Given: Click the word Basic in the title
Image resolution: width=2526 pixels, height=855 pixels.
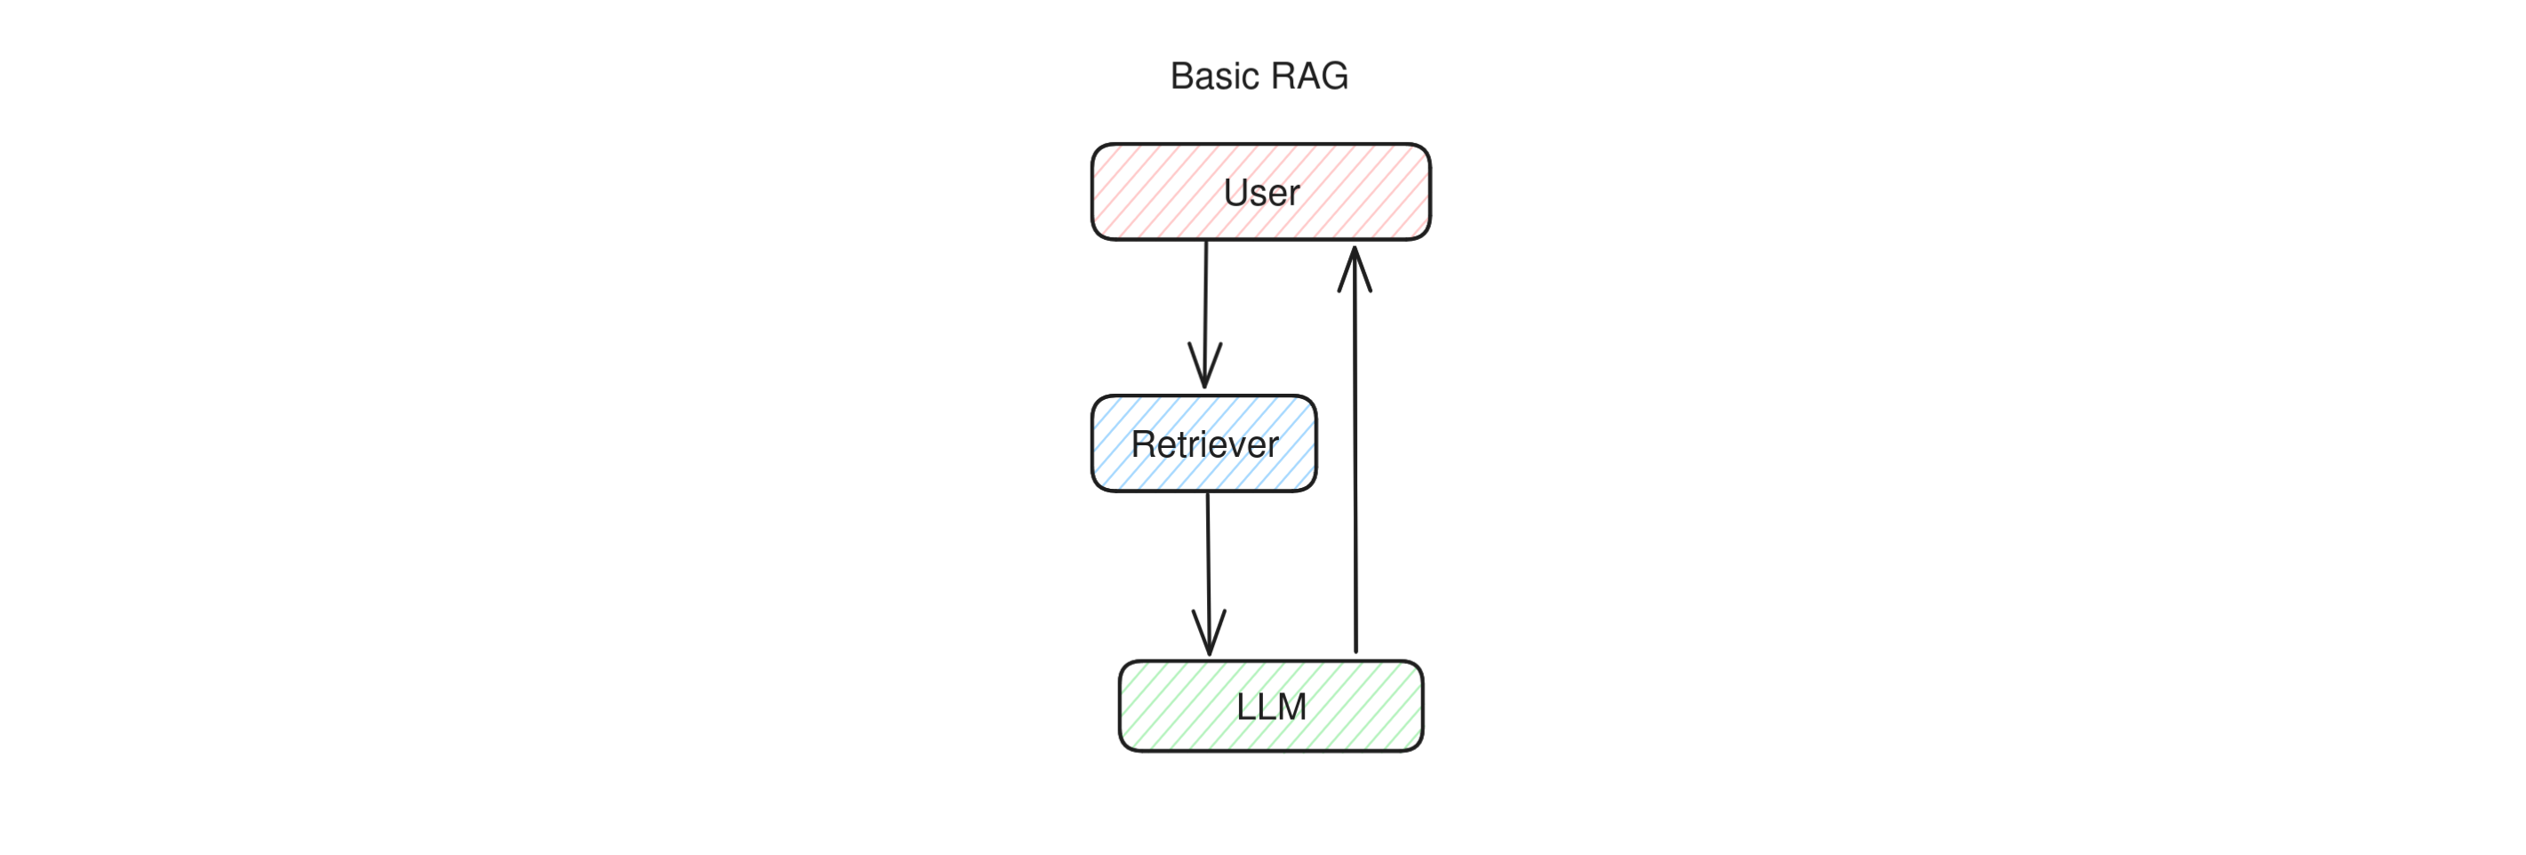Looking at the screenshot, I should [1214, 76].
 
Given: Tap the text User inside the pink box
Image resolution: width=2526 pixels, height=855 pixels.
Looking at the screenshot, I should [1261, 193].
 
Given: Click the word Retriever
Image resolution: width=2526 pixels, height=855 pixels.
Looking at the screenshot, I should [1204, 445].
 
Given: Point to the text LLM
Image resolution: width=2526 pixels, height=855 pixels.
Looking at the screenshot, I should [1271, 707].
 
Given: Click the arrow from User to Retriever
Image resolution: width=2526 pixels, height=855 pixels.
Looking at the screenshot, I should [1205, 294].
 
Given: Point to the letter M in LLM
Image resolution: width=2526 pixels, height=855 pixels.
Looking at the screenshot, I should [1291, 707].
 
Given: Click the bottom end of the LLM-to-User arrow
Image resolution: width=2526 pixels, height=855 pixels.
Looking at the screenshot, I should [1356, 649].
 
